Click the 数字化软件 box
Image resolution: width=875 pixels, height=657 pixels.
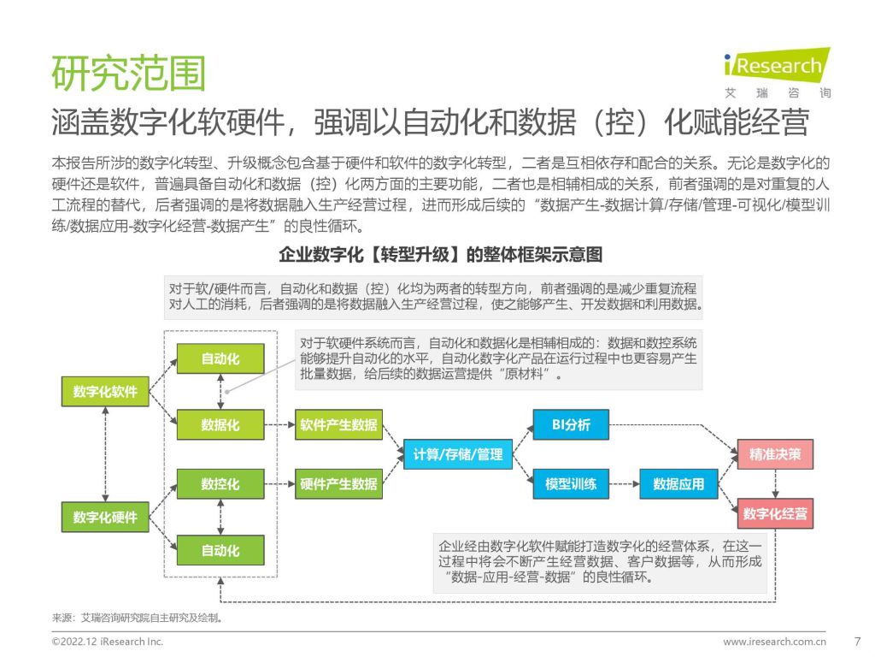click(x=105, y=391)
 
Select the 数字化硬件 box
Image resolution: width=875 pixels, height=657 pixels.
click(x=105, y=517)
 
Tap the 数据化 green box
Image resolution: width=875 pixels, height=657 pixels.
click(x=220, y=424)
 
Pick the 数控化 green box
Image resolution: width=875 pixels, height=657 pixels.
click(x=220, y=484)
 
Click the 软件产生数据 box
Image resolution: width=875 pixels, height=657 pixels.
click(x=338, y=424)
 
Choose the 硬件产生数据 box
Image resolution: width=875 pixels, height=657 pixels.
click(x=338, y=484)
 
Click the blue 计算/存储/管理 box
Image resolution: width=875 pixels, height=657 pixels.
click(x=458, y=454)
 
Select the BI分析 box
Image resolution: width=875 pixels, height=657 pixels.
click(x=571, y=424)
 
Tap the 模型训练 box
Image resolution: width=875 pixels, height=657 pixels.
click(x=571, y=484)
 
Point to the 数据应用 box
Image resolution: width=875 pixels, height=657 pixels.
click(x=678, y=484)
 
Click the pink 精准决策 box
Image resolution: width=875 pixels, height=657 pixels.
click(x=775, y=454)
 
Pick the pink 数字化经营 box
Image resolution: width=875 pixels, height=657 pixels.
click(x=775, y=513)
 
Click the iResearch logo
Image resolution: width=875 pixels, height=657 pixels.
click(x=778, y=73)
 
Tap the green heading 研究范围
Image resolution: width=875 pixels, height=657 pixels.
click(x=129, y=73)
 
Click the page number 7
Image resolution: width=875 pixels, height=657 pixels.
click(x=858, y=642)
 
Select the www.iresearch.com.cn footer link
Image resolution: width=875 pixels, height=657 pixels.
click(x=774, y=642)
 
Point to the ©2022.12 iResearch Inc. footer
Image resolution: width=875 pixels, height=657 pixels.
click(x=108, y=642)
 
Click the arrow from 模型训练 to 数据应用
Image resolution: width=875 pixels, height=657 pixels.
click(x=624, y=484)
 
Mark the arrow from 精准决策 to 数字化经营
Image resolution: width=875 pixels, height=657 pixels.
click(x=775, y=484)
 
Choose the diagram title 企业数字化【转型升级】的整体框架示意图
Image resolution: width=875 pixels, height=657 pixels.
click(x=441, y=255)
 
